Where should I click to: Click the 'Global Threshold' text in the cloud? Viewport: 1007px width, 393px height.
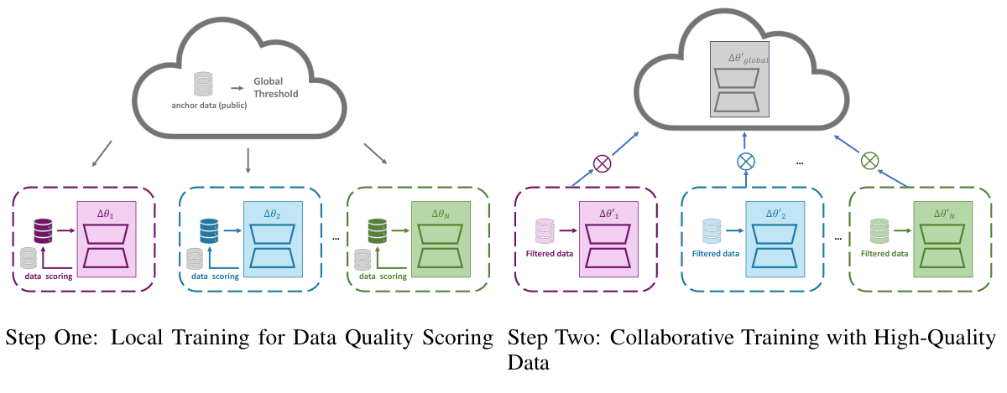coord(275,88)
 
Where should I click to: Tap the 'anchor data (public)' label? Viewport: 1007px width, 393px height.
coord(209,106)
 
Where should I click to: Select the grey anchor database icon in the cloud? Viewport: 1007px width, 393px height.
coord(203,84)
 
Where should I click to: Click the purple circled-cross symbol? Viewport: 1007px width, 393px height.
coord(602,163)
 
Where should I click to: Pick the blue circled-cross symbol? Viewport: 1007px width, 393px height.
coord(746,162)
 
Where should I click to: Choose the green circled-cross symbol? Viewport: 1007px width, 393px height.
coord(869,161)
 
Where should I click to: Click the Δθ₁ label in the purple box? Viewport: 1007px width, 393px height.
coord(106,214)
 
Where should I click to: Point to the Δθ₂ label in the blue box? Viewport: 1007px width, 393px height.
coord(272,214)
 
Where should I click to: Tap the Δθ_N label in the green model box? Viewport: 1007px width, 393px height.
coord(441,214)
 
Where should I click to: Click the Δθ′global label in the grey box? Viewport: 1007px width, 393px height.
coord(749,59)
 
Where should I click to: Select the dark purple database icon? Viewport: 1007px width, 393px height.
coord(43,231)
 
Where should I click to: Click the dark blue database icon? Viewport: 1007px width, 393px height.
coord(209,231)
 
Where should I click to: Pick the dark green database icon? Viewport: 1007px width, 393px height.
coord(377,231)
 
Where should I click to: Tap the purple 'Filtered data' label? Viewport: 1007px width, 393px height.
coord(550,254)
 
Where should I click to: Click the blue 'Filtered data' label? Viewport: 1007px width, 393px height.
coord(716,254)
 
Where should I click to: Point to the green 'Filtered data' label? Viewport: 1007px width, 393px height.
coord(884,254)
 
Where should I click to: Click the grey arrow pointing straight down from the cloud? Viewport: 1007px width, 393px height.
coord(248,161)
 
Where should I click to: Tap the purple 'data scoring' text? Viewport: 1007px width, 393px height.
coord(49,277)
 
